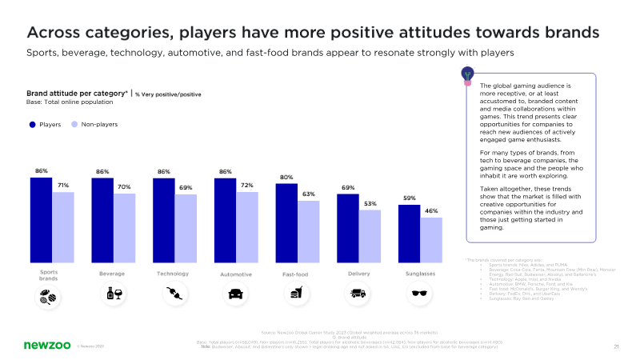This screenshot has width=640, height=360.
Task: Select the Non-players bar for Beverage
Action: click(x=124, y=228)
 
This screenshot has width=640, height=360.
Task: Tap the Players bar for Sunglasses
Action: click(x=409, y=234)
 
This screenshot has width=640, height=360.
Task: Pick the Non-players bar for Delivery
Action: click(x=370, y=236)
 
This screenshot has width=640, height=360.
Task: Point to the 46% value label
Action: click(x=431, y=211)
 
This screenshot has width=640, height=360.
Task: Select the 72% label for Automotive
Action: click(x=246, y=186)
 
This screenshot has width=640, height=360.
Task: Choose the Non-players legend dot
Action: click(x=74, y=125)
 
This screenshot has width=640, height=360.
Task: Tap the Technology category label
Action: click(x=172, y=274)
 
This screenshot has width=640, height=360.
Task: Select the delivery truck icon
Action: click(x=358, y=294)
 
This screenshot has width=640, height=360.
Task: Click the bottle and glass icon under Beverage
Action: click(x=113, y=294)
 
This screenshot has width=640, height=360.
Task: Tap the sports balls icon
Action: click(x=49, y=297)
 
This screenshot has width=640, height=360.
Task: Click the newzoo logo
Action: click(x=45, y=345)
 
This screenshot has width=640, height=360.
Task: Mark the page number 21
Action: click(x=617, y=346)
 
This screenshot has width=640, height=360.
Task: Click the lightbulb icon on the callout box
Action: click(x=467, y=75)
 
